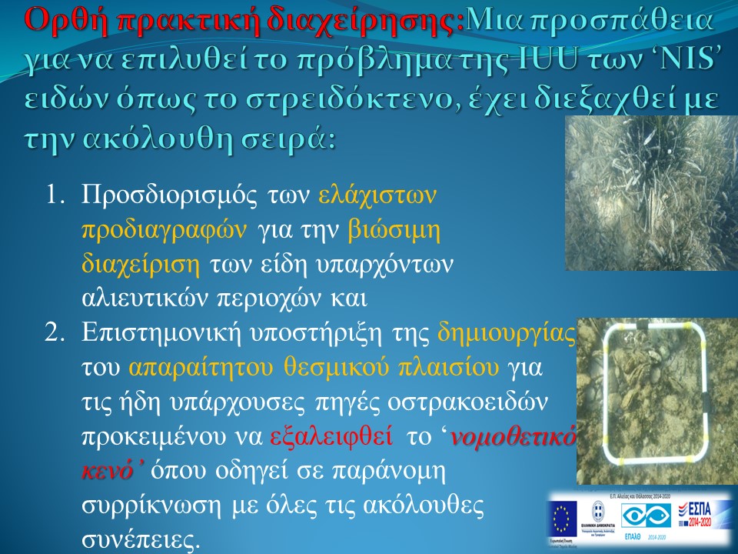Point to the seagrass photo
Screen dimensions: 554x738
pyautogui.click(x=651, y=194)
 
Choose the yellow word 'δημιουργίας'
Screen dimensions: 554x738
pyautogui.click(x=505, y=334)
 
